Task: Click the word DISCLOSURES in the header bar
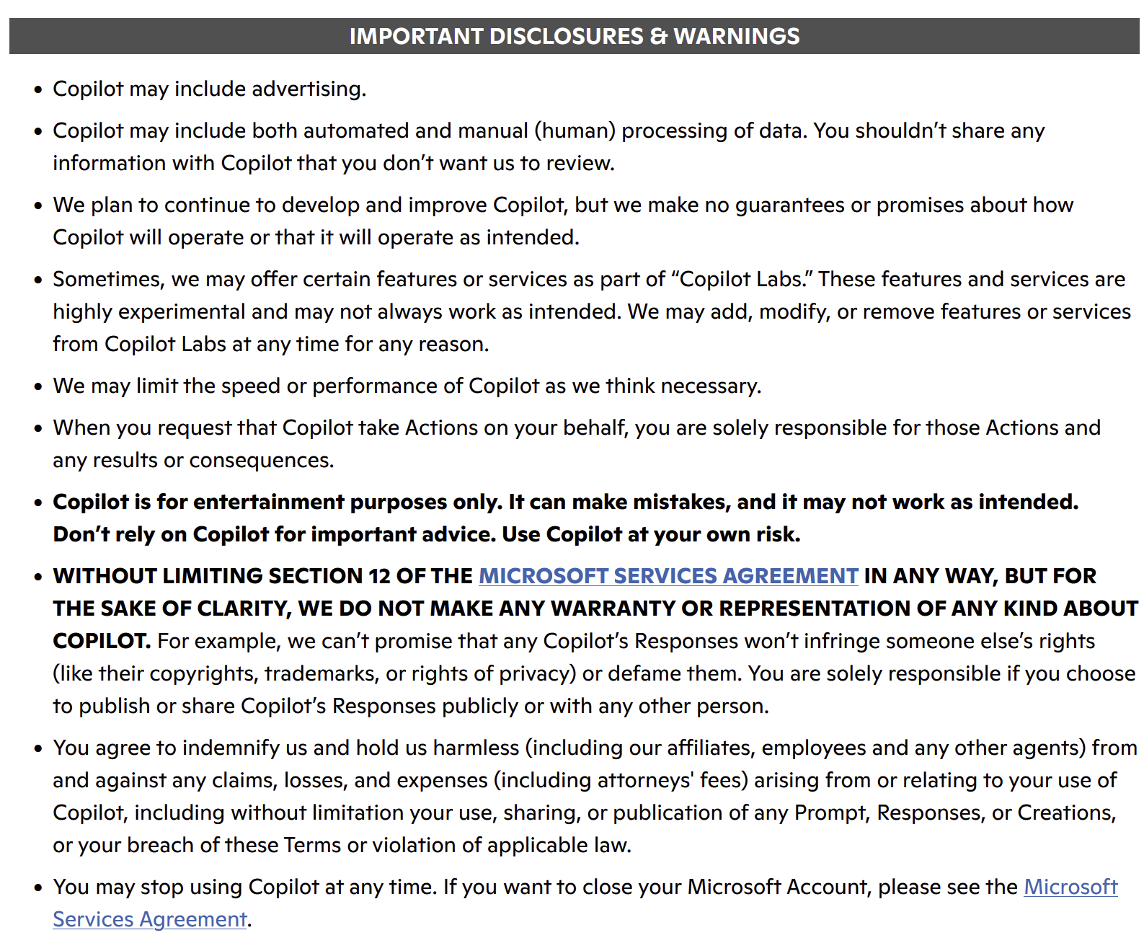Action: (566, 36)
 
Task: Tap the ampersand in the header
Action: (659, 36)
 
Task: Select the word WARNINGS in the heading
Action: (737, 36)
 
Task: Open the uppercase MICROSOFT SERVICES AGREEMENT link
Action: (668, 576)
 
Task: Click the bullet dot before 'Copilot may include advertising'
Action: (39, 90)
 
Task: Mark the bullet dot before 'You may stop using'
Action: (39, 888)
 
